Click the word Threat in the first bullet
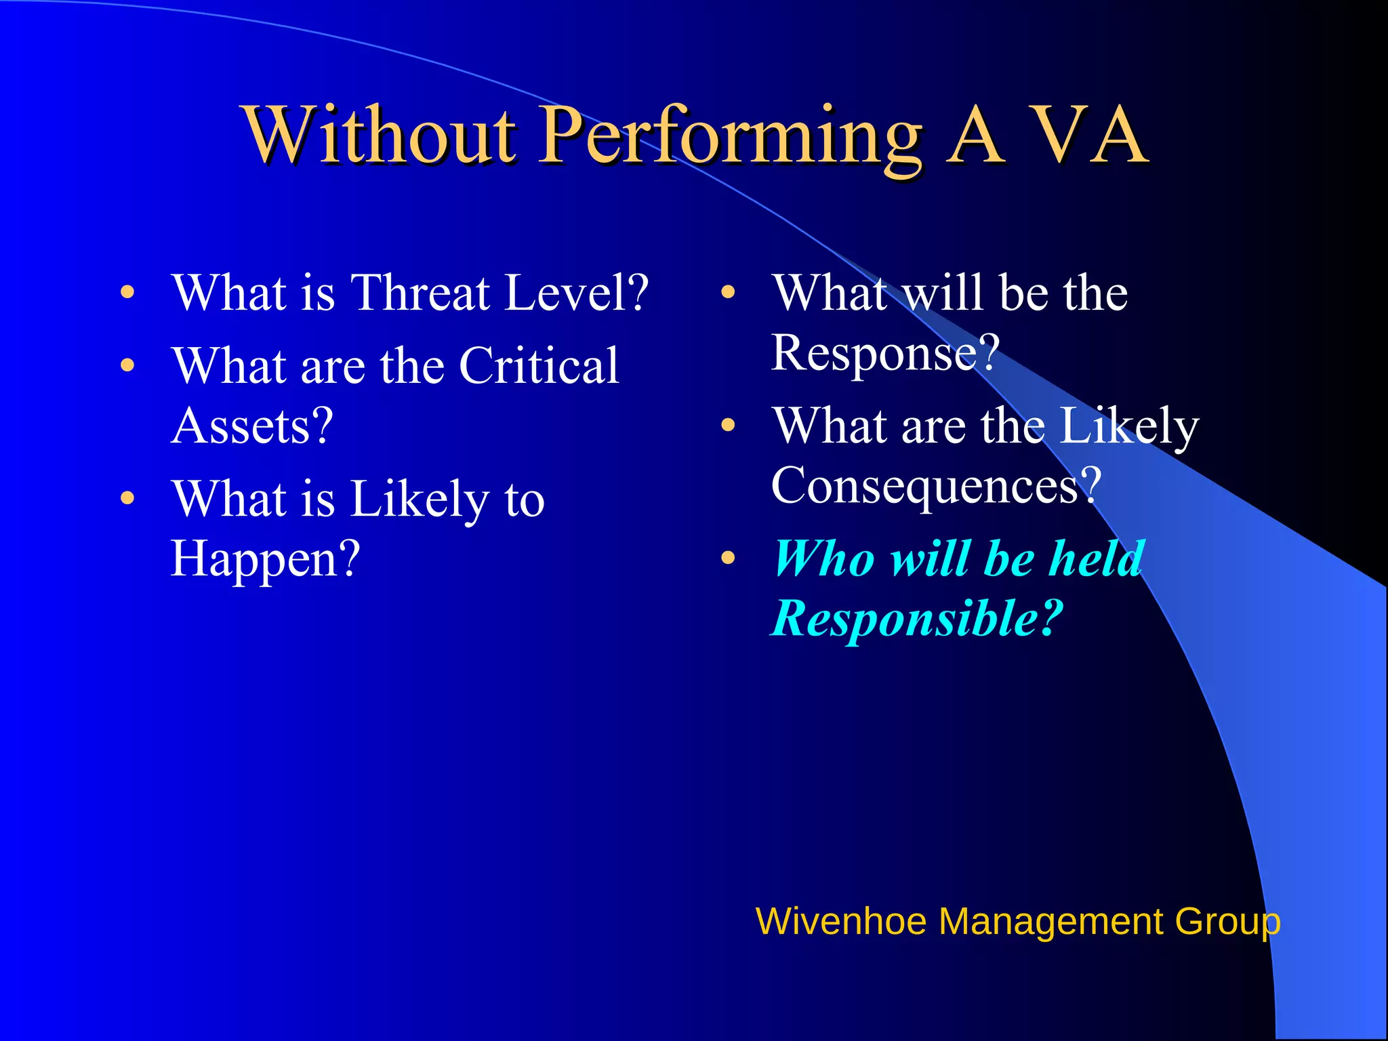point(420,293)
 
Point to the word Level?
point(577,293)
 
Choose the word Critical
point(539,366)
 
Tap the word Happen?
point(265,560)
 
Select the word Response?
point(885,354)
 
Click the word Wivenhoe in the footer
point(840,922)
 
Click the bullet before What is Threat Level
point(127,293)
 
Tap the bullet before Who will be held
point(728,558)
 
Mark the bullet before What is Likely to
point(127,499)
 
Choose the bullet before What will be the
point(728,293)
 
